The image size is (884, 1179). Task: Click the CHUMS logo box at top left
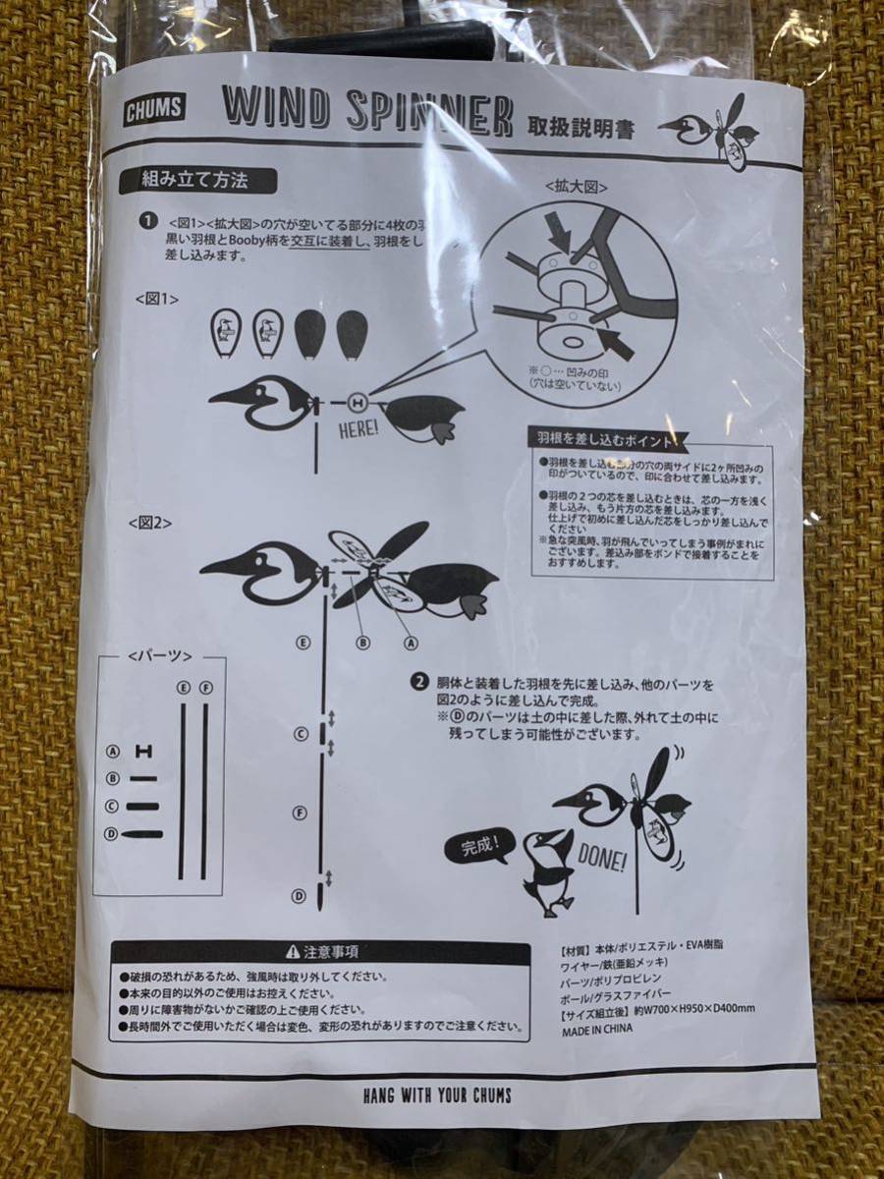point(153,109)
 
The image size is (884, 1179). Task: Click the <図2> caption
point(150,522)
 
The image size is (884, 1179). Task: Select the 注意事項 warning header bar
point(321,951)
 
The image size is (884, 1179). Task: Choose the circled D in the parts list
point(113,834)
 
